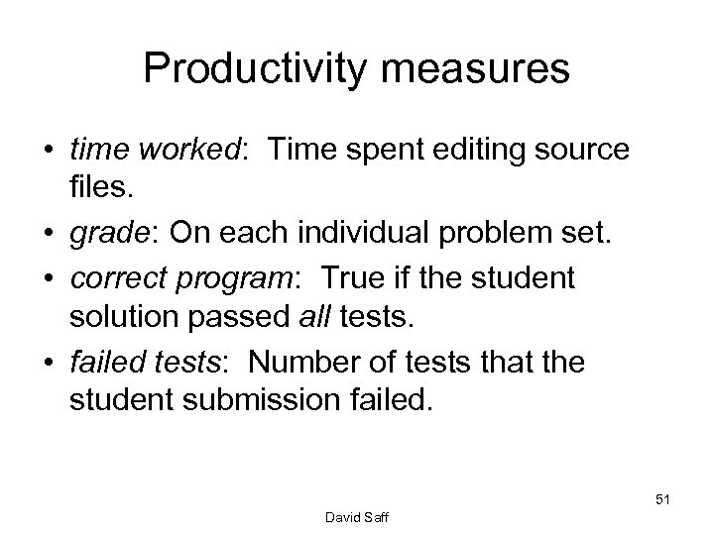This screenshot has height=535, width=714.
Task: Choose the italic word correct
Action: click(110, 279)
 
